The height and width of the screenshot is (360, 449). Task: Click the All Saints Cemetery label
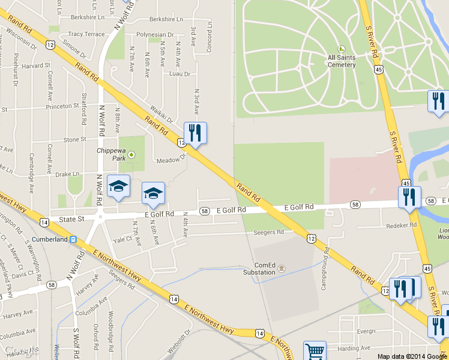click(x=342, y=61)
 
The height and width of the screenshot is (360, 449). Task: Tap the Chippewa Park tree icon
click(x=131, y=155)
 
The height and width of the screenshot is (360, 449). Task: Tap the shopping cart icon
click(x=315, y=351)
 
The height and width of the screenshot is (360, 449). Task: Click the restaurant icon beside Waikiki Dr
click(x=195, y=133)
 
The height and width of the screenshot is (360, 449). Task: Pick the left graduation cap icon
click(x=118, y=187)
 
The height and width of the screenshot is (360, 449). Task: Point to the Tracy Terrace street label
click(x=87, y=34)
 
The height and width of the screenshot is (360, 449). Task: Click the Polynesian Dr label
click(x=155, y=35)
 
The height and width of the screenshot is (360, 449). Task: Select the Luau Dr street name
click(x=179, y=74)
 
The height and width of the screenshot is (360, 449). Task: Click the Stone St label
click(x=75, y=139)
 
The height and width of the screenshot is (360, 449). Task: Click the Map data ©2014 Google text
click(x=412, y=356)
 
